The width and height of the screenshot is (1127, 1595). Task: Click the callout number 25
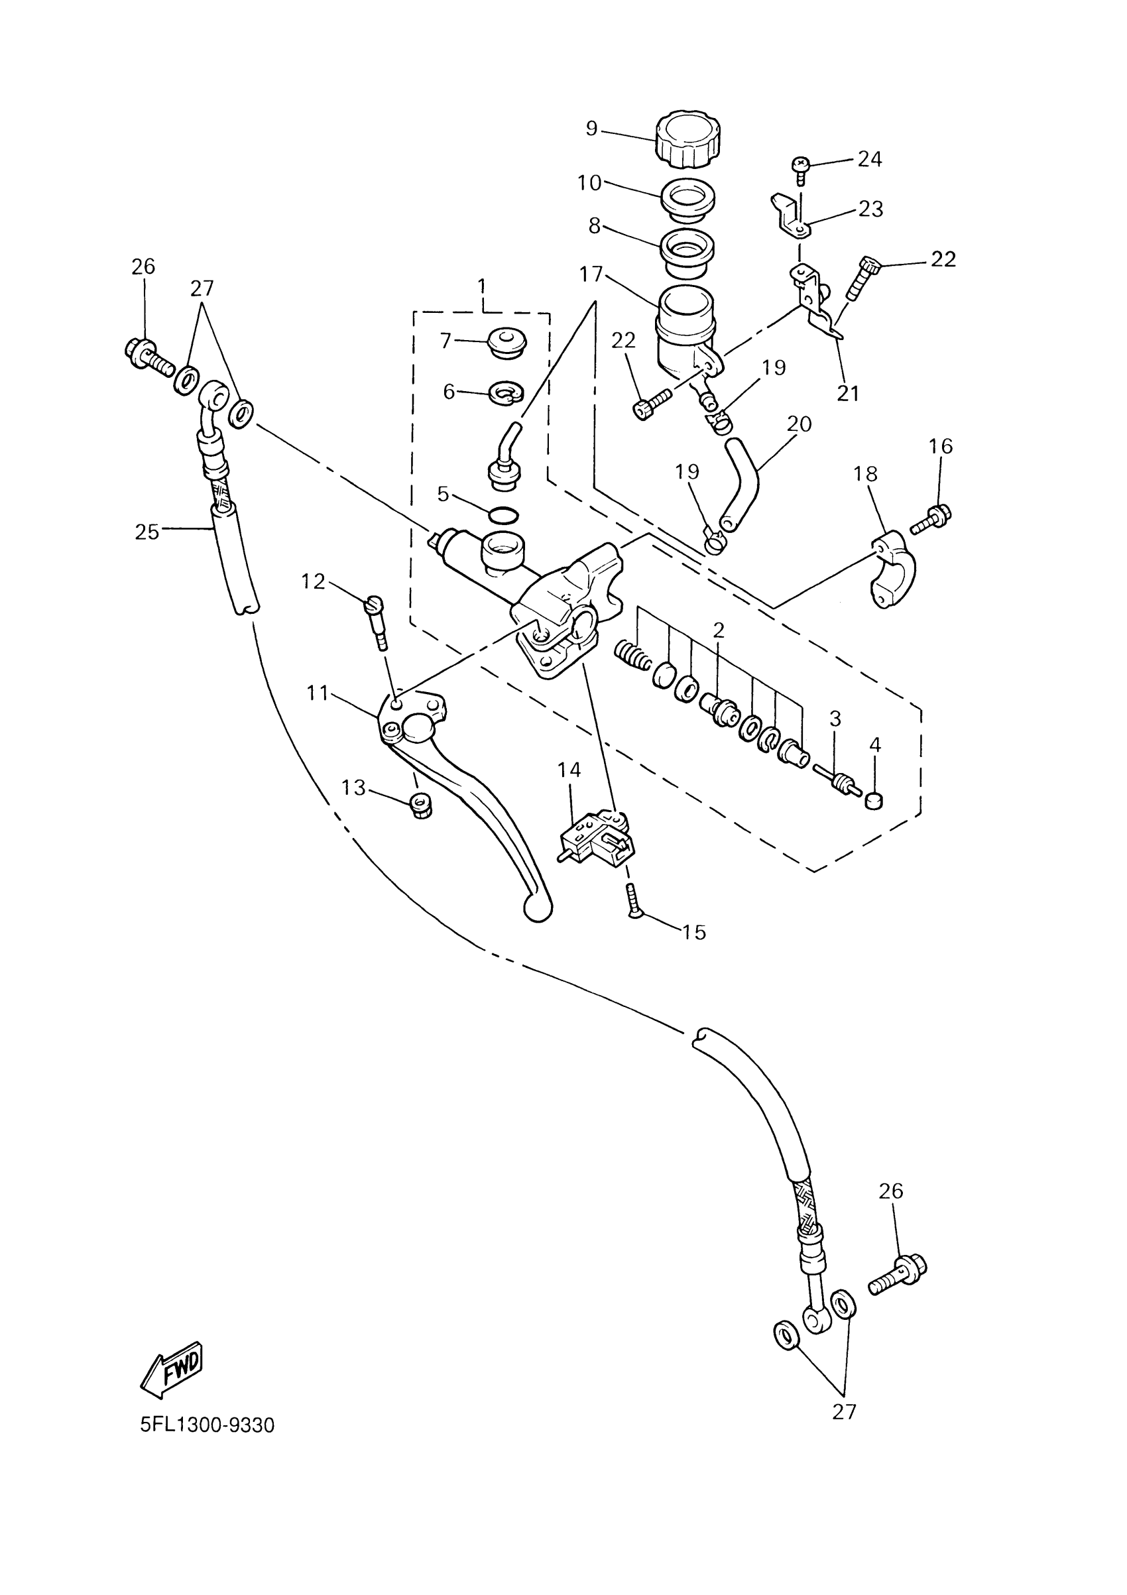tap(147, 532)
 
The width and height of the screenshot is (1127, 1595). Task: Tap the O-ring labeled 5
tap(503, 515)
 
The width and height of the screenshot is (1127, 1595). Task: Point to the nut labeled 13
tap(419, 807)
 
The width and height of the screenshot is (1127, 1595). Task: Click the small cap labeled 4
tap(874, 801)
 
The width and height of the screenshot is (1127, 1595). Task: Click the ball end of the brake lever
tap(536, 908)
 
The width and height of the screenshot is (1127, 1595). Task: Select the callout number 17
tap(591, 275)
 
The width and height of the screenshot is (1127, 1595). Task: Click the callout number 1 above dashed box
tap(481, 287)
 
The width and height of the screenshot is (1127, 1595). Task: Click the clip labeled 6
tap(506, 394)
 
